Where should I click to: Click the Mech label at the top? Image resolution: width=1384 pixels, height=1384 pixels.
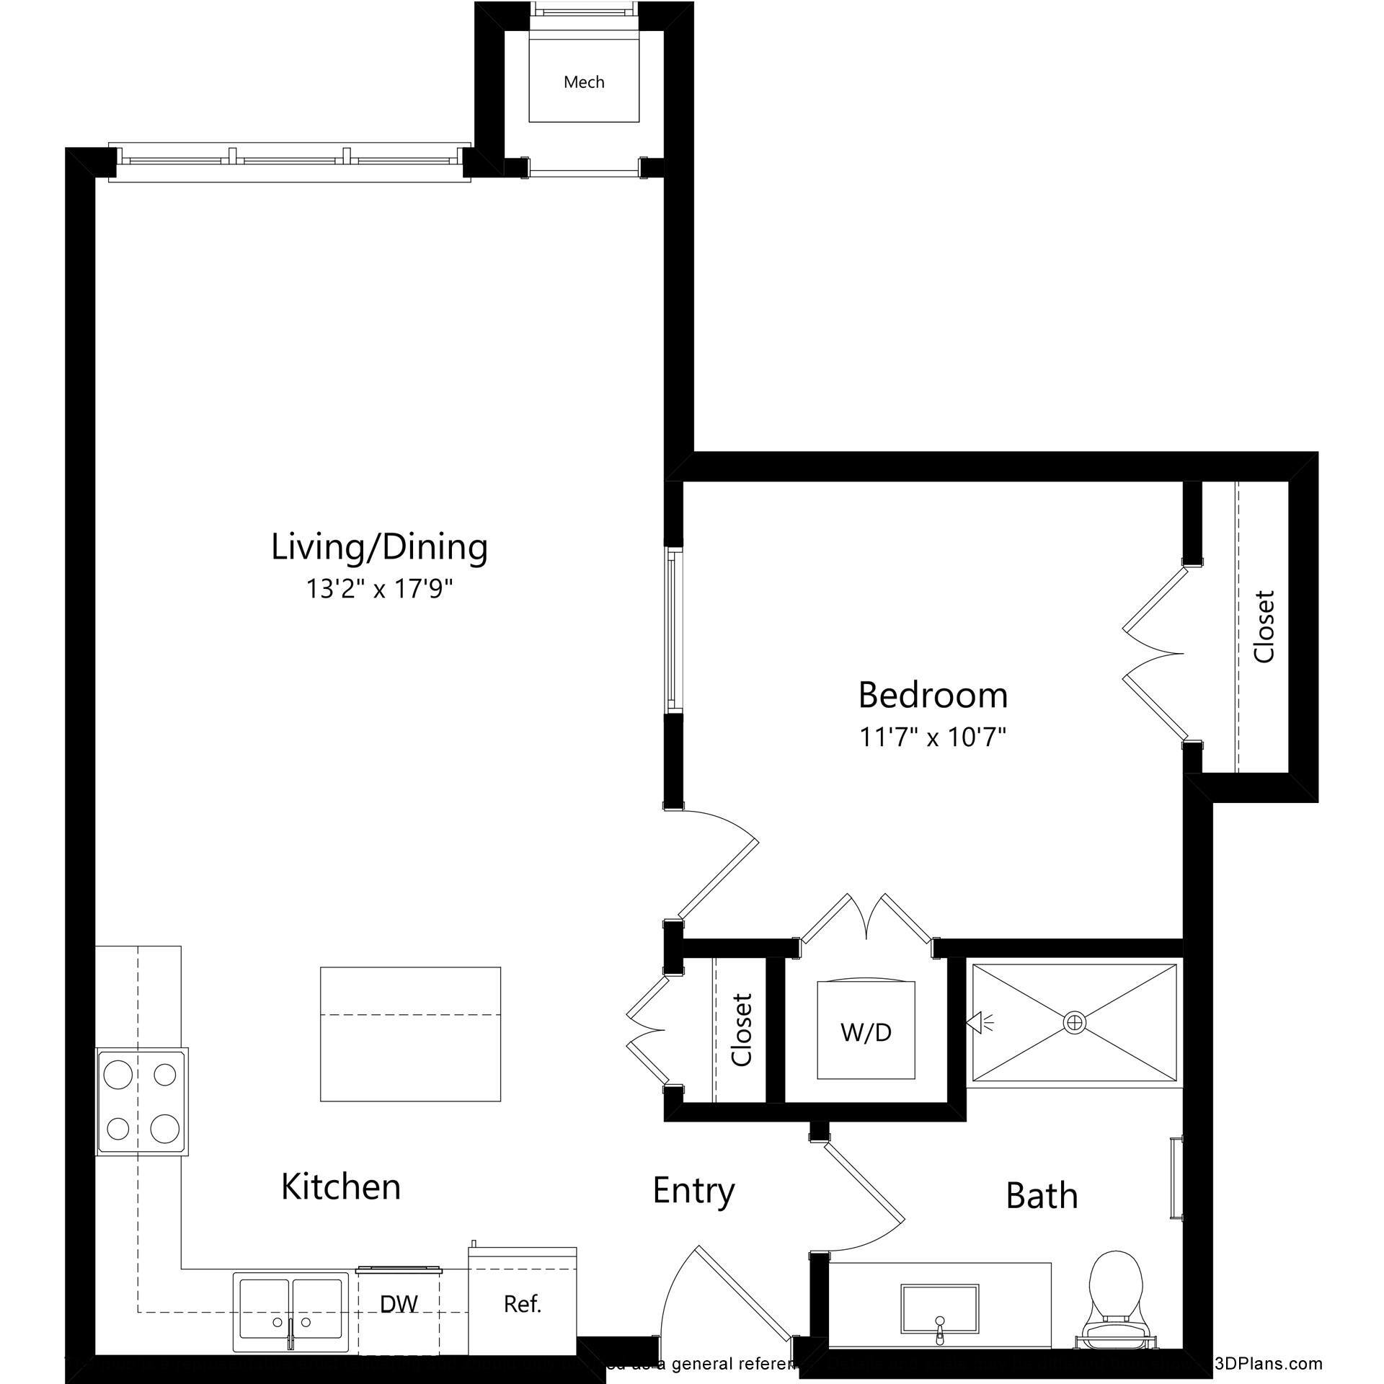584,82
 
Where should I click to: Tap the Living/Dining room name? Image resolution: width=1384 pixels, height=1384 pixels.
379,547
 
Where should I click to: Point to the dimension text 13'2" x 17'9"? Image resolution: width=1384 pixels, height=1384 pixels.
379,590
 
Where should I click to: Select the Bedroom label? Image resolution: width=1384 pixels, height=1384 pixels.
933,696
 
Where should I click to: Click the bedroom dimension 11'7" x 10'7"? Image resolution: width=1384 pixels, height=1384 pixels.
933,737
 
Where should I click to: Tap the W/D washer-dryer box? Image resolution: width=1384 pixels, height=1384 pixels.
866,1033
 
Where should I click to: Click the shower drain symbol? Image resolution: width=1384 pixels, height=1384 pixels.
1074,1021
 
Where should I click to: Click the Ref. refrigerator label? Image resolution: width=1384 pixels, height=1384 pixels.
523,1303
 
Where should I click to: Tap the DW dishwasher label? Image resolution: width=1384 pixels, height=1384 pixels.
399,1303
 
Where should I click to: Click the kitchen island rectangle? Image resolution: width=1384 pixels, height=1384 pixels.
410,1034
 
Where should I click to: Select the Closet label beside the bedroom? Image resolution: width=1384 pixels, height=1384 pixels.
1264,626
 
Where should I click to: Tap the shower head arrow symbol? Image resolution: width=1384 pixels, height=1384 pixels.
977,1021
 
